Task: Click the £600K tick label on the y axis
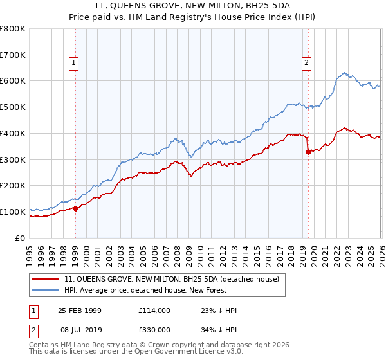13,81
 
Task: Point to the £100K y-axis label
13,212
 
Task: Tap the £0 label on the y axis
20,238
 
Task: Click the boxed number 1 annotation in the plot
75,63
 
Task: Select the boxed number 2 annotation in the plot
306,63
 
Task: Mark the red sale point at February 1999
75,208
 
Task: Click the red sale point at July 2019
308,152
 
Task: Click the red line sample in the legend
45,279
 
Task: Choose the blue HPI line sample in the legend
45,291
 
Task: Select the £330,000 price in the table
154,329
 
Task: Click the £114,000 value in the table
154,310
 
